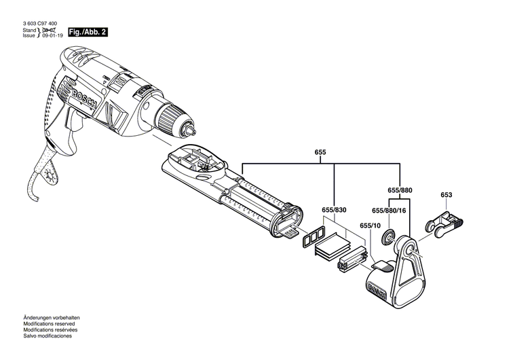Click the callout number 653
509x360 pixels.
point(446,196)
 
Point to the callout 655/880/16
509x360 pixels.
point(390,211)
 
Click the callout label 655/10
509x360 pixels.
point(369,226)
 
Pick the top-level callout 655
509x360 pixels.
point(320,153)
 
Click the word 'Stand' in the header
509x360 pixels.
point(29,31)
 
